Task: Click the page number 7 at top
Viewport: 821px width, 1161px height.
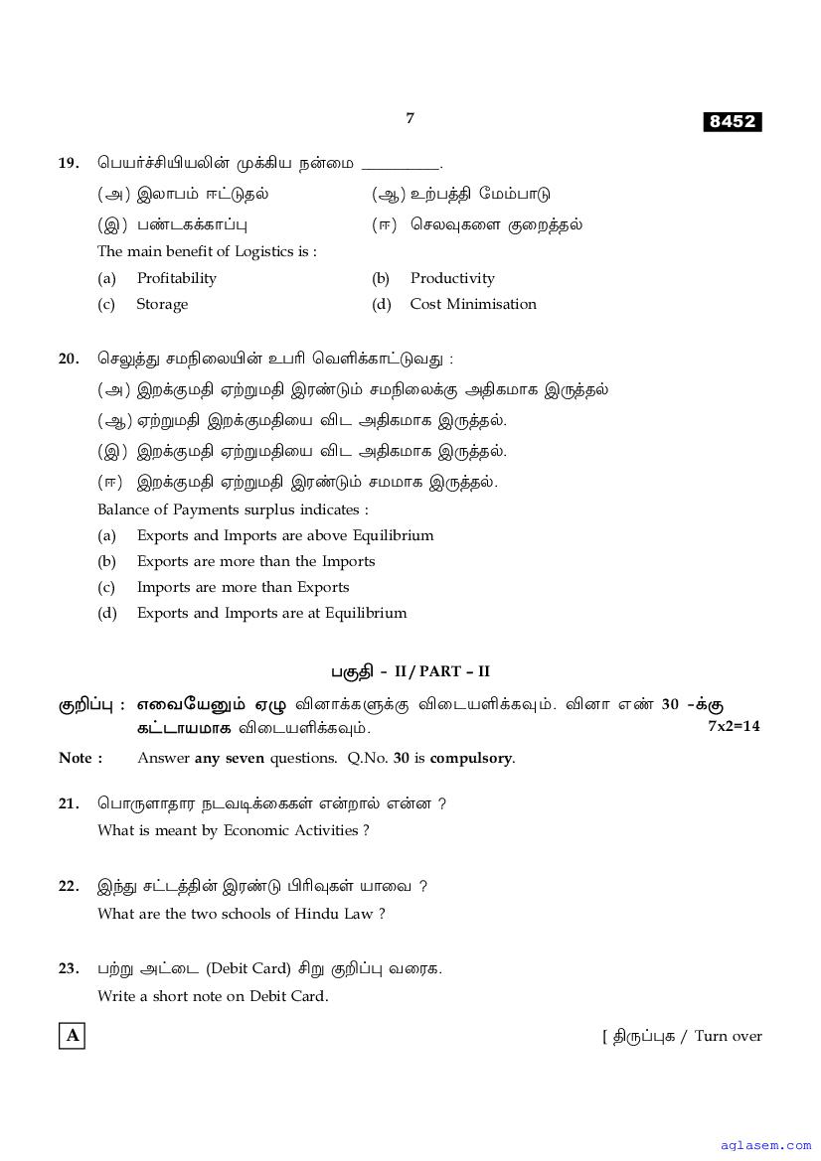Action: pos(410,118)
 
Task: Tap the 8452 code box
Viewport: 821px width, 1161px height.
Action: pos(732,121)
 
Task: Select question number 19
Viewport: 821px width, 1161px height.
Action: pos(69,163)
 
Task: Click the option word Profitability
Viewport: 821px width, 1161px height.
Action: pos(176,278)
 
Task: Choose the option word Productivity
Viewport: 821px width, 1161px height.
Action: pos(452,278)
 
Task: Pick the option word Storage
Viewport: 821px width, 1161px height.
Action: pos(162,304)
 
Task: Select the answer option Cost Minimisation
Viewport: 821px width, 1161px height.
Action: pos(473,304)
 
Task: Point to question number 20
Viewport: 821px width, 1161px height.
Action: pos(69,359)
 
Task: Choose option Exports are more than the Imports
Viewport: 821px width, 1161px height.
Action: pos(255,561)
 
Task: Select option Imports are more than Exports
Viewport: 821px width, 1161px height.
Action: pos(243,587)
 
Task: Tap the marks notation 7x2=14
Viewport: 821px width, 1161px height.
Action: pos(734,726)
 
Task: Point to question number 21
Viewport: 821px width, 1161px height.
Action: pos(69,803)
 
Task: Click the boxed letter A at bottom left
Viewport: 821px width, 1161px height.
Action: pos(72,1036)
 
